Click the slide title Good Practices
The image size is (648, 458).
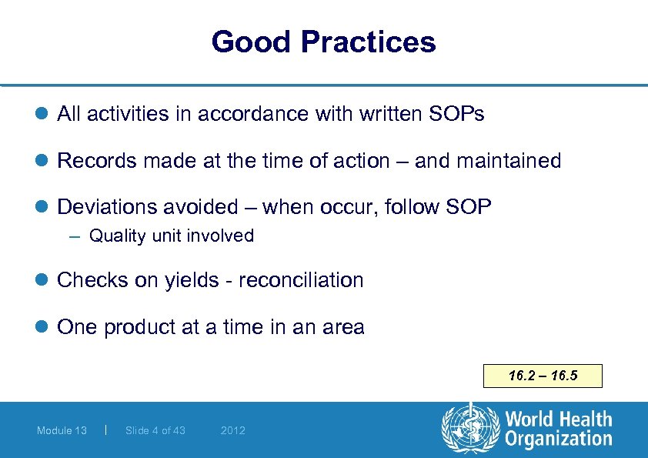coord(323,42)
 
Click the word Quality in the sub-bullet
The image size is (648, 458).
coord(117,236)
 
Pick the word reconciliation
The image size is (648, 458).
coord(301,280)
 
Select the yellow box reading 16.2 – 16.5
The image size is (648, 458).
coord(543,376)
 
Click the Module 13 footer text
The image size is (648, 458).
coord(62,430)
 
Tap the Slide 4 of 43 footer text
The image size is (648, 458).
coord(155,430)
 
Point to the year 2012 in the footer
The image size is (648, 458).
coord(232,430)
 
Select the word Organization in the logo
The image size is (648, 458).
coord(558,440)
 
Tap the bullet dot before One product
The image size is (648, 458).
coord(42,327)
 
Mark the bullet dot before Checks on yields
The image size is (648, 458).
coord(42,280)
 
